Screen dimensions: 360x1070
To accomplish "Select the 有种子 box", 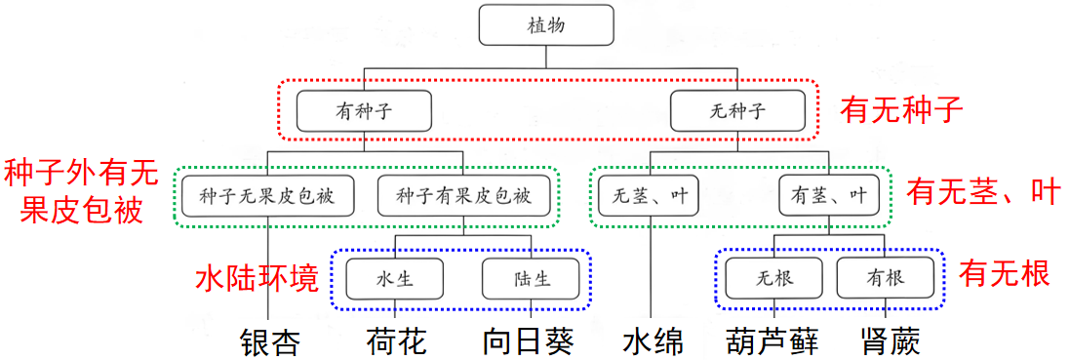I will point(364,111).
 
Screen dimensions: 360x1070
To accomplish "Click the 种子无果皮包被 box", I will point(267,196).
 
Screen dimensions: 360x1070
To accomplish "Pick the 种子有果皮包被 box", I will point(463,196).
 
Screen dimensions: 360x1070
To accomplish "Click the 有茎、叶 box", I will point(830,196).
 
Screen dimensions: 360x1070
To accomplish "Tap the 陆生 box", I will point(531,279).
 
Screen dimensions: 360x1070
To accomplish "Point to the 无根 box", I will point(773,279).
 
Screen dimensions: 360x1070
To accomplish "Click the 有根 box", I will point(884,279).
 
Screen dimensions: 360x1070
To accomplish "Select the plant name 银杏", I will point(269,342).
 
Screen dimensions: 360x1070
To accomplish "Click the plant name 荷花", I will point(395,342).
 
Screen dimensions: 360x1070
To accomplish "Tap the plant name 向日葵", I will point(528,342).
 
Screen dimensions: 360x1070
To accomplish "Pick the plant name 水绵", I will point(653,342).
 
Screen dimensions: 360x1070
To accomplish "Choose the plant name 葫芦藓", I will point(773,342).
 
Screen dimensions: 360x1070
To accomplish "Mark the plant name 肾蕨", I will point(891,342).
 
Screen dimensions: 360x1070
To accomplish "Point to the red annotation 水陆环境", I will point(257,278).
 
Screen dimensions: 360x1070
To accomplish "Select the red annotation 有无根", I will point(1004,274).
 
